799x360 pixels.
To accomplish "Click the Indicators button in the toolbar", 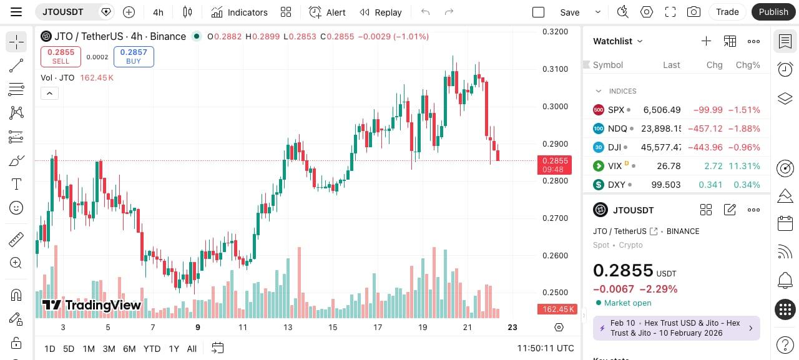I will tap(239, 12).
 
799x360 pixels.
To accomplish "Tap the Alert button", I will tap(327, 12).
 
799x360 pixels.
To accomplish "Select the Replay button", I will tap(380, 12).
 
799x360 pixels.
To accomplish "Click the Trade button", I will tap(727, 12).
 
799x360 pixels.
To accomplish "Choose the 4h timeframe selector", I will tap(158, 12).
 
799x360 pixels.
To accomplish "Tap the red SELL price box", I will tap(61, 56).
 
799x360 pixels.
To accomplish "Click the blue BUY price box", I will tap(134, 56).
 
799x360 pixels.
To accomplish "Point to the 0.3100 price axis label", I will tap(555, 69).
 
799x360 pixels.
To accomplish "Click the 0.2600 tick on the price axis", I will tap(555, 255).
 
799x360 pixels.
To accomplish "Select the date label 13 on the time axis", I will tap(288, 328).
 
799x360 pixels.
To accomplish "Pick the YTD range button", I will tap(152, 349).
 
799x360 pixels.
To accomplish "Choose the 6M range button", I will tap(129, 349).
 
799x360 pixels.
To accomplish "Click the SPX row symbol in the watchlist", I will tap(615, 110).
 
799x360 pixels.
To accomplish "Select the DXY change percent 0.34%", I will tap(748, 185).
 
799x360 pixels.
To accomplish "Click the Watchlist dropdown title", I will tap(617, 41).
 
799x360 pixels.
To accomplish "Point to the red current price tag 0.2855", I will tap(554, 165).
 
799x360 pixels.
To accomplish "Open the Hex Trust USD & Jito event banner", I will tap(676, 328).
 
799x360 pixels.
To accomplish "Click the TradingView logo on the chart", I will tap(92, 305).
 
